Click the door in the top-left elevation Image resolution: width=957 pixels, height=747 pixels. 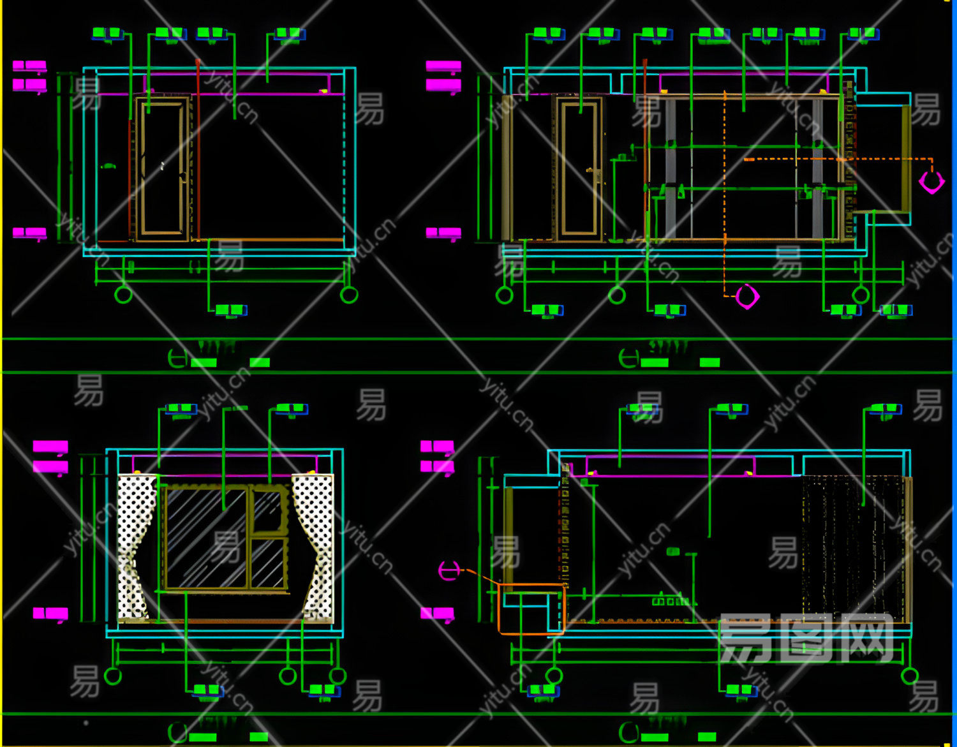pos(162,169)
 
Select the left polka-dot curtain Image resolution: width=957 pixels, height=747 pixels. pos(136,545)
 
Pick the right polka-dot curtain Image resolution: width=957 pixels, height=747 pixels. pos(314,545)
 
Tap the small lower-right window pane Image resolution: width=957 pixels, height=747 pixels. pos(267,563)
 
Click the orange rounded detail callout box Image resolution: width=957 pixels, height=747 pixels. pos(531,609)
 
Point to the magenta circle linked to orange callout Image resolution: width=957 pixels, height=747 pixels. pos(449,570)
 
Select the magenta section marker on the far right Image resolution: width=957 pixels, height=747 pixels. pos(931,182)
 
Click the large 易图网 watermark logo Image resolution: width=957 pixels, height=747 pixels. pos(806,638)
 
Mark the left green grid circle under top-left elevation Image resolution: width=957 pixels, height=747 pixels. pos(123,295)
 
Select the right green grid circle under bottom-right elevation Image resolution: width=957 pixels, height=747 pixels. pos(910,676)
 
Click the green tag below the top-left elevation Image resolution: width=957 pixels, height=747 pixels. pos(230,311)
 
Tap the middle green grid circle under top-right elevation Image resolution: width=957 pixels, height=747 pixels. pos(616,295)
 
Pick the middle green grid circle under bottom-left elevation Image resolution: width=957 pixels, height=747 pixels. pos(288,676)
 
